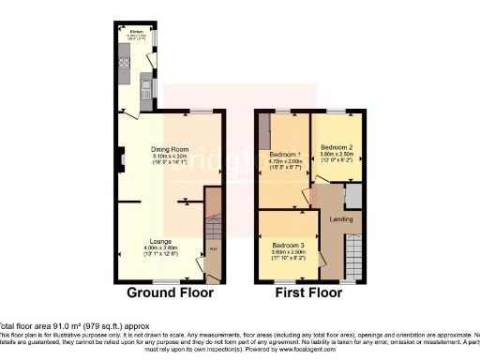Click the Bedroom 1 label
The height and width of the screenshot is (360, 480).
click(285, 154)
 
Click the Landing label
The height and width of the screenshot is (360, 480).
click(333, 220)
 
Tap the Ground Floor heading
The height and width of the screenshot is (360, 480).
click(170, 292)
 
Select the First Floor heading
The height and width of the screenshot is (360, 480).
click(307, 292)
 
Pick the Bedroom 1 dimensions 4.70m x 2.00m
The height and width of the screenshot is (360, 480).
click(285, 161)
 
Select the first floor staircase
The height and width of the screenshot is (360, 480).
click(353, 255)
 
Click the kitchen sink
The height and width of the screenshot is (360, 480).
click(146, 91)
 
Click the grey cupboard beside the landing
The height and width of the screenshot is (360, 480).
click(352, 195)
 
